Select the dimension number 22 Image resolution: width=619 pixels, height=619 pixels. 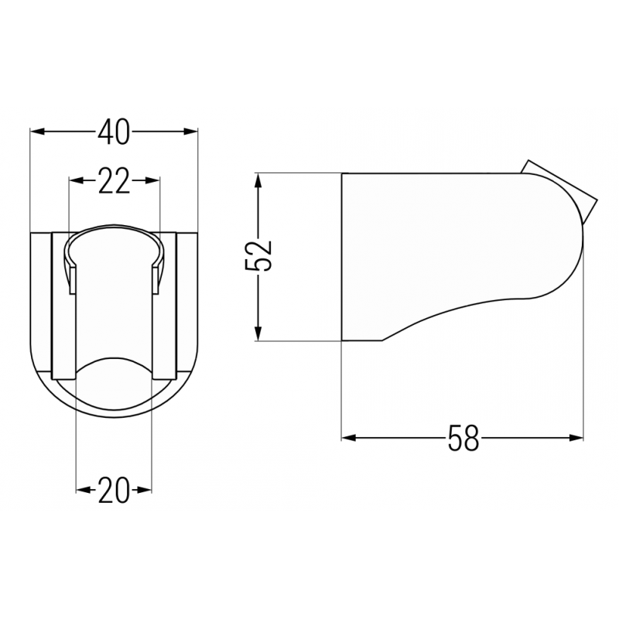[x=114, y=181]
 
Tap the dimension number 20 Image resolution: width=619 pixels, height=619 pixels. [x=114, y=491]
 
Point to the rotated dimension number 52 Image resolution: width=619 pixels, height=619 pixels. [x=260, y=256]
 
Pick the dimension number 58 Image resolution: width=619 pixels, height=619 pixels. [x=463, y=439]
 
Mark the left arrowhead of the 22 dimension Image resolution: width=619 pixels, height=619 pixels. [x=75, y=181]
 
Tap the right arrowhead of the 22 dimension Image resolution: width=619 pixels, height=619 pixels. [x=154, y=181]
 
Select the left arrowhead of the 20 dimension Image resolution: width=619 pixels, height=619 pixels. [x=81, y=491]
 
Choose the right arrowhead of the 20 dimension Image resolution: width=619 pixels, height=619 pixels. [x=146, y=491]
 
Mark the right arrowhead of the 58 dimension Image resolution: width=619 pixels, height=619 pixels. [x=577, y=439]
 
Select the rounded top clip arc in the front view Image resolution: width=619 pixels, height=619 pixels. [x=114, y=229]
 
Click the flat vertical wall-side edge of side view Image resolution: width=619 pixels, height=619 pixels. [x=342, y=255]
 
